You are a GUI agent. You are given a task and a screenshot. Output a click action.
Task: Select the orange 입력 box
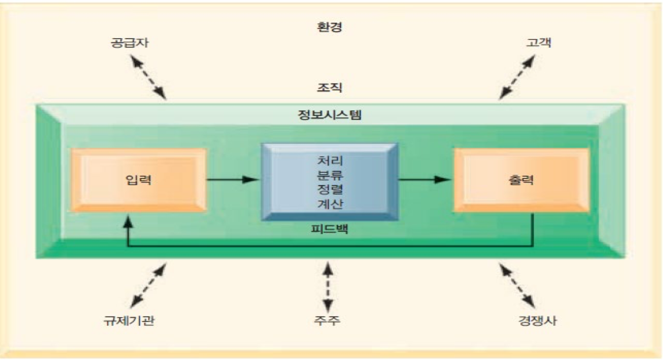138,179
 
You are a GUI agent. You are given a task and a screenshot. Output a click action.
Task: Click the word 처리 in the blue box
329,159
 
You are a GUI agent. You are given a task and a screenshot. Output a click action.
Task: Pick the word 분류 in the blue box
329,172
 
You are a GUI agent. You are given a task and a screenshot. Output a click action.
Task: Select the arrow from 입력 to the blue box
233,179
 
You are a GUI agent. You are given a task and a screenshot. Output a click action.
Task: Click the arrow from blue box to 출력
425,179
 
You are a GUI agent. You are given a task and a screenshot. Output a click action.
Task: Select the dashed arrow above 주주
329,286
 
